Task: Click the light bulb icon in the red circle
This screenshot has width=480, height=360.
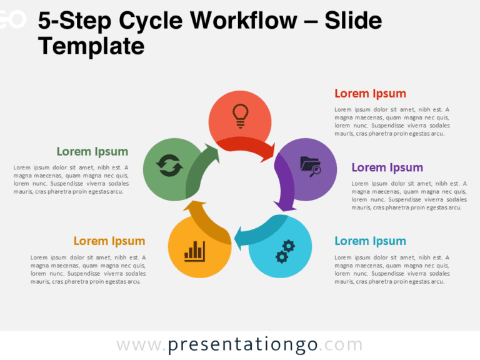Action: pyautogui.click(x=239, y=114)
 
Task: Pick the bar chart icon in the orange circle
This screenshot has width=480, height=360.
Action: pyautogui.click(x=194, y=251)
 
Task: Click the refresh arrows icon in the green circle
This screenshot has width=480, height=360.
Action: pyautogui.click(x=169, y=167)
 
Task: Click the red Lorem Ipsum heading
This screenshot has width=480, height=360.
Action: pyautogui.click(x=370, y=94)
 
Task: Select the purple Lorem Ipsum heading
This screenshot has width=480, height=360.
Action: pyautogui.click(x=387, y=167)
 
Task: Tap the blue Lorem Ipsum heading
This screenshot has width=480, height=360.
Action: pyautogui.click(x=370, y=241)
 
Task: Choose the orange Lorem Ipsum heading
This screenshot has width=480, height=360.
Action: pyautogui.click(x=109, y=241)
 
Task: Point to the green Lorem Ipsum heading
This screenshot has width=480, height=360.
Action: pyautogui.click(x=92, y=151)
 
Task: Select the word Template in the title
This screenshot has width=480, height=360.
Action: pyautogui.click(x=91, y=46)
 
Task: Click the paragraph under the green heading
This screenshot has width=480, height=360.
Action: pyautogui.click(x=71, y=179)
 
